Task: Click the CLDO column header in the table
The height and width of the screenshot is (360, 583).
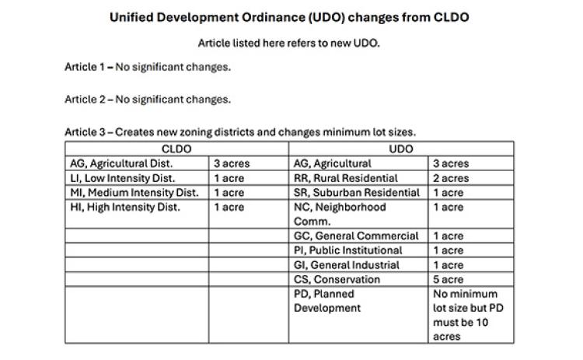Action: (176, 149)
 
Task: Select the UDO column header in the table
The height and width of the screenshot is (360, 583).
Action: (401, 149)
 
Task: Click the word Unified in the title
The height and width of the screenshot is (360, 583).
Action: (131, 17)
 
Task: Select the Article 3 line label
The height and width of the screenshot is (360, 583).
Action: (85, 132)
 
